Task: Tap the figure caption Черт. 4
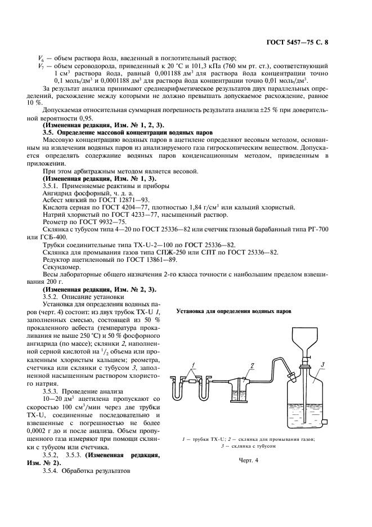pos(248,460)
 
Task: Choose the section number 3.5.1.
pos(53,185)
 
